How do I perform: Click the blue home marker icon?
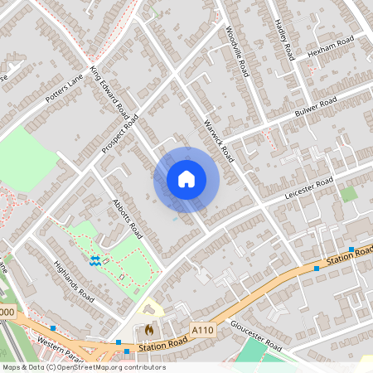point(186,179)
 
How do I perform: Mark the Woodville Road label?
point(237,51)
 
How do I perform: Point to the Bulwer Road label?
point(316,107)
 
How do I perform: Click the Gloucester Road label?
point(256,335)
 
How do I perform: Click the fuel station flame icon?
point(148,329)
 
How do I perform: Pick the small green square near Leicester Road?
point(349,194)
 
